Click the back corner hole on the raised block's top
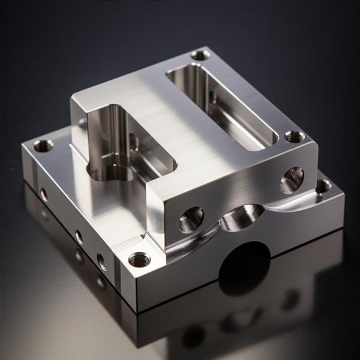pos(200,55)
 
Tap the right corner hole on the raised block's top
pos(293,136)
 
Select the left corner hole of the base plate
pos(43,145)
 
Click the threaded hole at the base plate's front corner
pos(140,259)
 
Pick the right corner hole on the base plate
pos(323,185)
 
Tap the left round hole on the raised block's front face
pos(192,218)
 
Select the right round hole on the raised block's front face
pos(292,179)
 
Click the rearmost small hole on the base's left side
pos(44,194)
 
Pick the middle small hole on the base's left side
pos(79,236)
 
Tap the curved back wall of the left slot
pos(111,126)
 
